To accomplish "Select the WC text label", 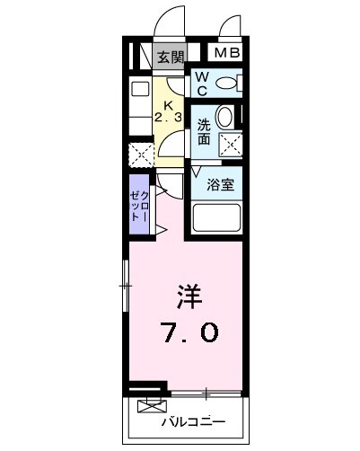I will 203,84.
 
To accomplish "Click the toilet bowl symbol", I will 228,84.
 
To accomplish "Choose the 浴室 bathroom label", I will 220,185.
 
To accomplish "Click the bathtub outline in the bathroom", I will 216,218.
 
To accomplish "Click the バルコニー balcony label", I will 193,420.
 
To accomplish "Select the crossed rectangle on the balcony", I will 152,404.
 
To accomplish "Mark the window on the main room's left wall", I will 126,286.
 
